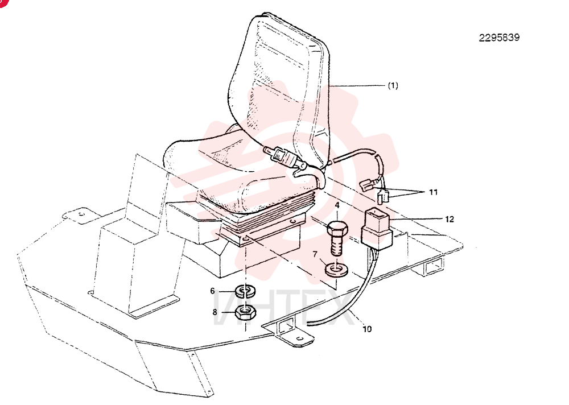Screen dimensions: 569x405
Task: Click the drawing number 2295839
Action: (x=499, y=38)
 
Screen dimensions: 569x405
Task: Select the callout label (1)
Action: (x=393, y=86)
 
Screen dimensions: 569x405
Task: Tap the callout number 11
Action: (x=433, y=192)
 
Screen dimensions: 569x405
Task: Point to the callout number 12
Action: (x=450, y=219)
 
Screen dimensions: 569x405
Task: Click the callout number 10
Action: (x=367, y=329)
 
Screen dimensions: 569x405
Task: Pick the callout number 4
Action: (x=337, y=205)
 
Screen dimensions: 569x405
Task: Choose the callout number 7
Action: (x=315, y=254)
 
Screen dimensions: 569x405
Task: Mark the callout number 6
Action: (x=213, y=291)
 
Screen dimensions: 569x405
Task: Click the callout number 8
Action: (x=215, y=312)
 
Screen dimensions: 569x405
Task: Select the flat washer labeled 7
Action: (x=336, y=270)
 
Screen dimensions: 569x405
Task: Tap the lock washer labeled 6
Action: (x=246, y=291)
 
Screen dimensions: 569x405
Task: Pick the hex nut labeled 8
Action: (x=246, y=312)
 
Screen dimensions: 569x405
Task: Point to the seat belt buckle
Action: (x=284, y=157)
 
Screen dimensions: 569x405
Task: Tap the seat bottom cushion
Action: (x=232, y=171)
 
